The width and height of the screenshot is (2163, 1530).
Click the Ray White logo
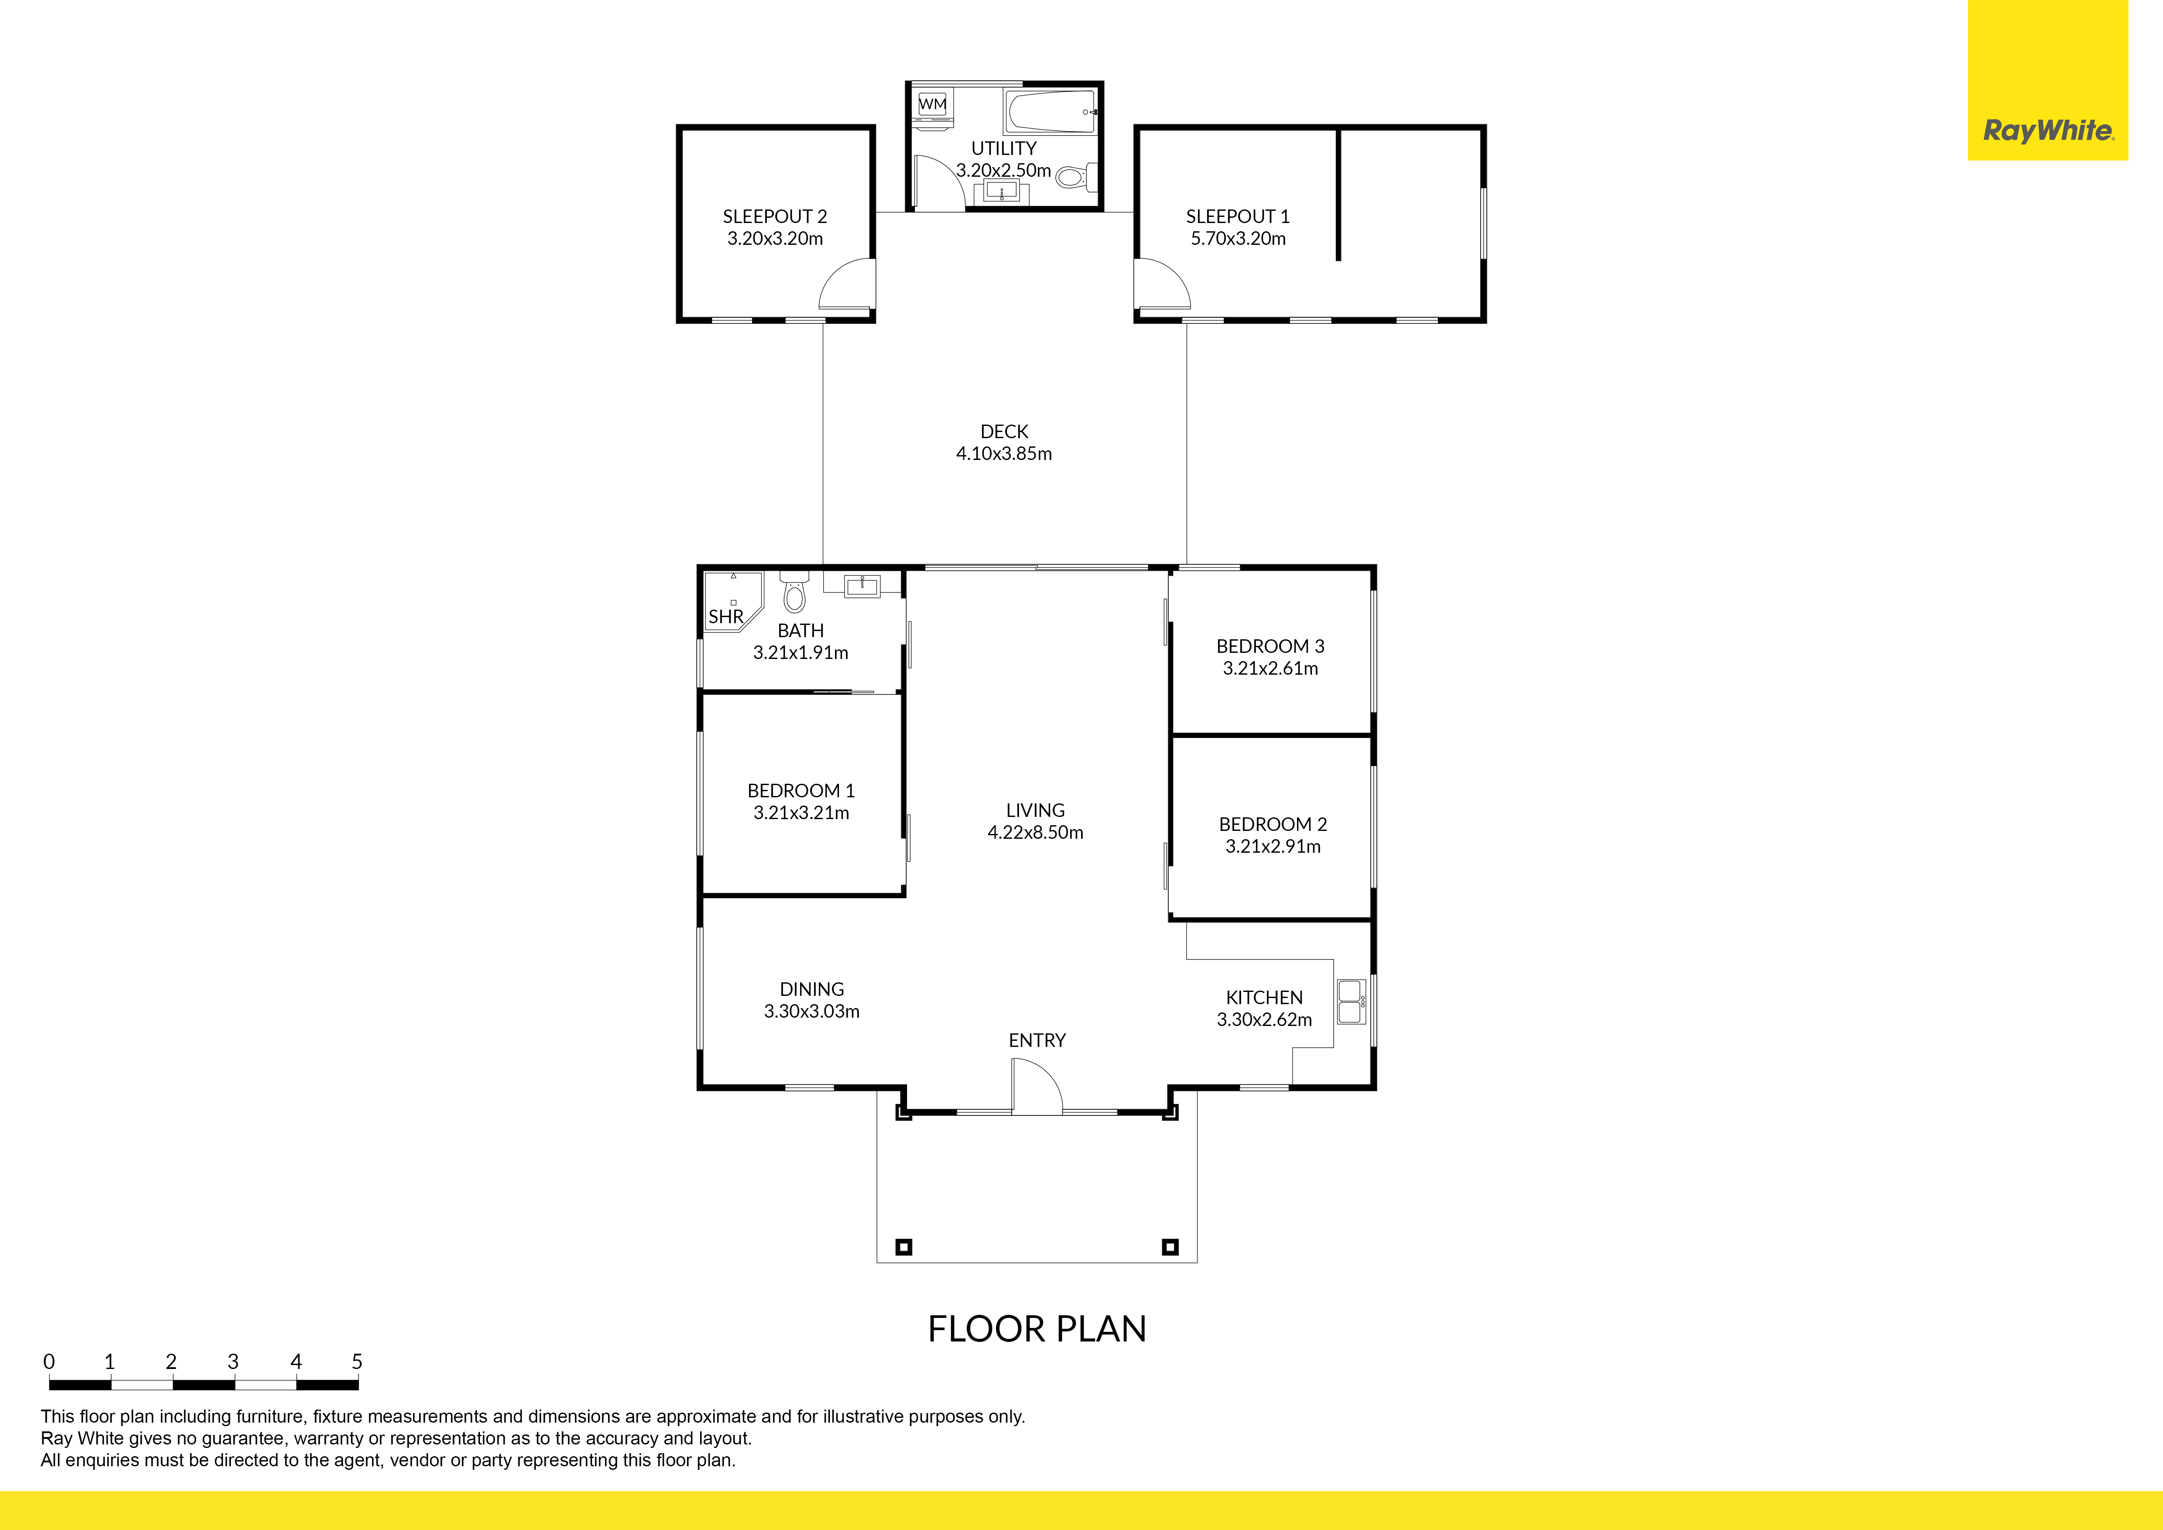[2048, 80]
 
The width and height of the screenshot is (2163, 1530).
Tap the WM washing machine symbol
[933, 103]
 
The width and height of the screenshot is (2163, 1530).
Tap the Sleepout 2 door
[846, 285]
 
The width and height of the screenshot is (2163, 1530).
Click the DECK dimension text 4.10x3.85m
[1004, 453]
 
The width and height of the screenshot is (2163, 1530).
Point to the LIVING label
[1035, 810]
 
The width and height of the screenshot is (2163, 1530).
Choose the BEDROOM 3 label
[1270, 646]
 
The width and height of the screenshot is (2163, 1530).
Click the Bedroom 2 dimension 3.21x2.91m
[1273, 846]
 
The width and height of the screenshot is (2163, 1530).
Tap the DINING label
[812, 989]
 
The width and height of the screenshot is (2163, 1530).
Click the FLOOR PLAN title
[1037, 1329]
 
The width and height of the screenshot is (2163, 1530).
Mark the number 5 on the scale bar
[357, 1362]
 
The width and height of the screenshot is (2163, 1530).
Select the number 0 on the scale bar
[49, 1362]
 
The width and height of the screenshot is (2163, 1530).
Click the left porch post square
[904, 1247]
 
